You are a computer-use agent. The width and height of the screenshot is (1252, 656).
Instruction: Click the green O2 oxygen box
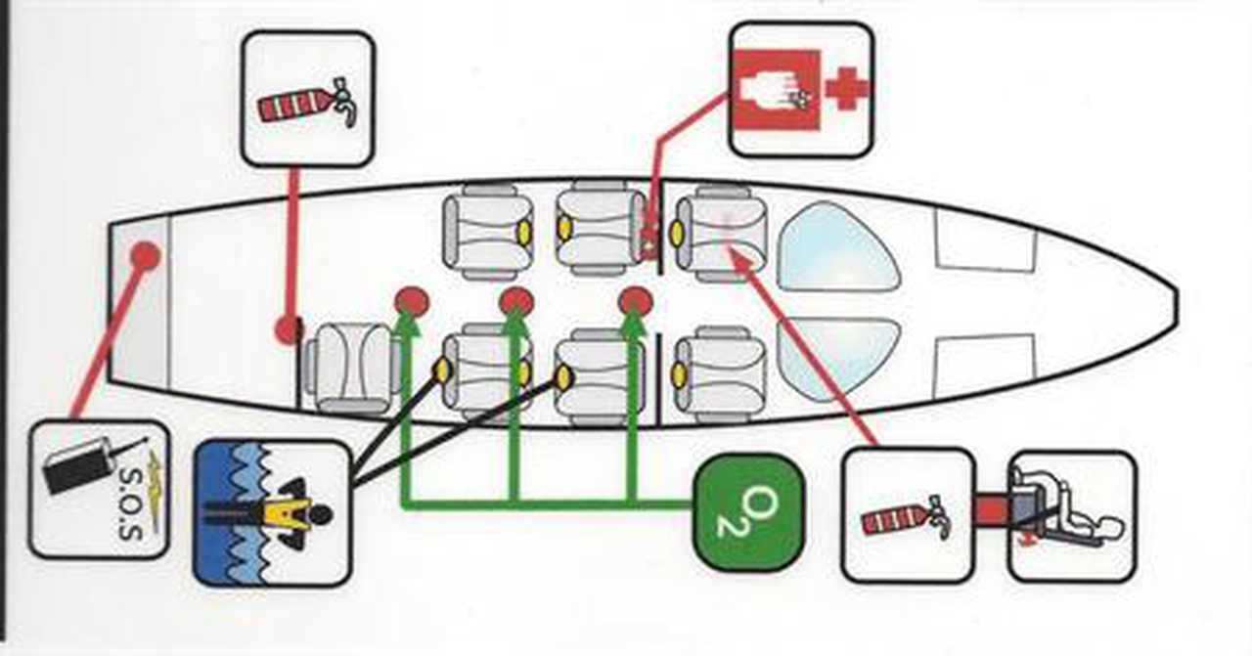pos(748,512)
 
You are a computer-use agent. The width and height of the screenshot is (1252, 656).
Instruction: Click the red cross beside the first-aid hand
pos(847,89)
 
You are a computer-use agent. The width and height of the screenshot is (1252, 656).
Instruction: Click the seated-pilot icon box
pos(1072,515)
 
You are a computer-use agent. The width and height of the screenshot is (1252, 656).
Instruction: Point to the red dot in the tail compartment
pos(146,256)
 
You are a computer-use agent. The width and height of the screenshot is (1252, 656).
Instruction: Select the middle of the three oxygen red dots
pos(516,302)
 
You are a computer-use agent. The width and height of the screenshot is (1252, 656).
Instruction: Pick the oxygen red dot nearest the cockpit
pos(636,300)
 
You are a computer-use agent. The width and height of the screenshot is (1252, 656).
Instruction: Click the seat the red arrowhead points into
pos(719,236)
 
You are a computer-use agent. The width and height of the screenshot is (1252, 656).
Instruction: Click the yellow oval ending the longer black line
pos(563,375)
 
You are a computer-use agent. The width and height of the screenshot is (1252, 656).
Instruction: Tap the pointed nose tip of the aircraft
pos(1174,297)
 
